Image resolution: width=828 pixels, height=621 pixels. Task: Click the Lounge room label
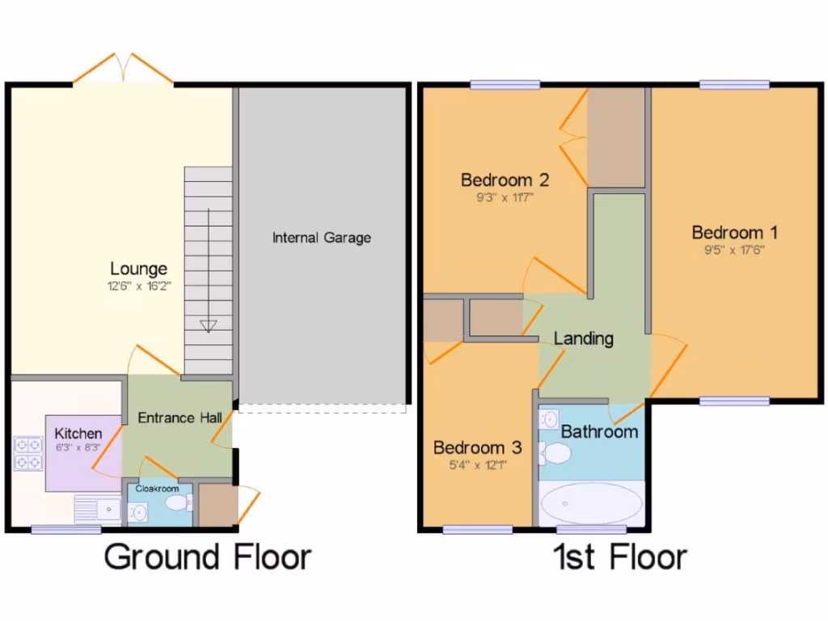(139, 268)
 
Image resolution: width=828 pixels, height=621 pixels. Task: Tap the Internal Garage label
(321, 238)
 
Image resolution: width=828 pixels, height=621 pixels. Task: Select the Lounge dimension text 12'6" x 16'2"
(139, 286)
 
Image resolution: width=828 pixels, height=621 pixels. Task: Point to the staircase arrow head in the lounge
(209, 326)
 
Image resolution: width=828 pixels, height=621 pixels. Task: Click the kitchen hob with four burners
(28, 453)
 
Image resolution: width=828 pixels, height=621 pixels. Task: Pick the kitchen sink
(97, 509)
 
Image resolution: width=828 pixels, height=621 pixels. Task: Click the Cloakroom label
(157, 488)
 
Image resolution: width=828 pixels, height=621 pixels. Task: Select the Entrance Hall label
(178, 418)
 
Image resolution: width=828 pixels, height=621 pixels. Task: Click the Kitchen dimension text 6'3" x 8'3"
(78, 447)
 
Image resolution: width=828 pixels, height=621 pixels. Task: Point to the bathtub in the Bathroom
(592, 505)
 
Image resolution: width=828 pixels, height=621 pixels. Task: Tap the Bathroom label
(599, 432)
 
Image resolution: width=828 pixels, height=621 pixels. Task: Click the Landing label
(583, 338)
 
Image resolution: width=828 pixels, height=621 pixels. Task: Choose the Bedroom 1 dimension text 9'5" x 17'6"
(734, 251)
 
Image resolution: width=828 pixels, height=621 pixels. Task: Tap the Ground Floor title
(208, 557)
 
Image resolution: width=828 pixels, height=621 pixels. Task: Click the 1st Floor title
(619, 557)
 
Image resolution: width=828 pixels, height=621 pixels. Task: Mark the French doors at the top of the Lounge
(123, 70)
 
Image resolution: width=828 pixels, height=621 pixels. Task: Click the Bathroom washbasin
(550, 419)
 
